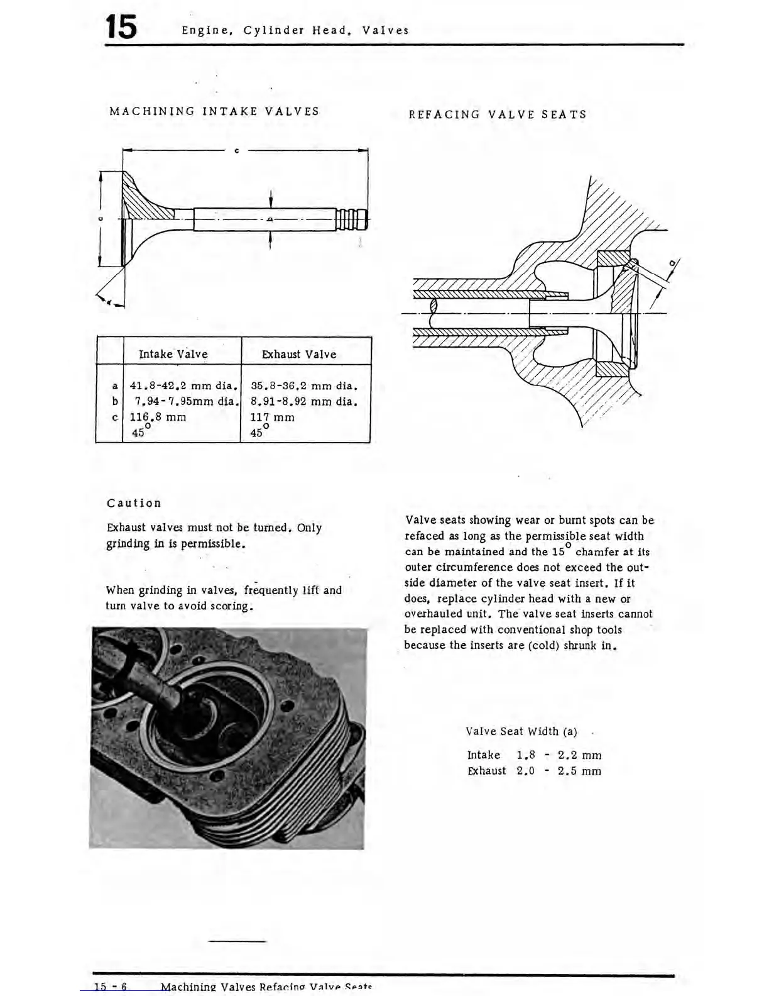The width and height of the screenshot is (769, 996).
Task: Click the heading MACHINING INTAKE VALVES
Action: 214,111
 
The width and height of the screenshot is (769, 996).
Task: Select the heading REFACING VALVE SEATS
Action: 498,114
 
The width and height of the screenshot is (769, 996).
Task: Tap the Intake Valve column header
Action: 173,354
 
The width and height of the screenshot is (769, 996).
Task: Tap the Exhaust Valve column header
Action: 299,354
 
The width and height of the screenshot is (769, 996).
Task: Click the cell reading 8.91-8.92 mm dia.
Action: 304,401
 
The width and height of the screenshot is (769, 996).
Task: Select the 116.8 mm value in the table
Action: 158,417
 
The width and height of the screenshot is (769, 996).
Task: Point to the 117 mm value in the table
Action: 272,417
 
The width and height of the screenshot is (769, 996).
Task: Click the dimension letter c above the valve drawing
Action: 236,151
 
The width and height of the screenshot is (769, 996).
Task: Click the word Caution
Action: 134,503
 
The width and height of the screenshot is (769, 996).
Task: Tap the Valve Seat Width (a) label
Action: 521,731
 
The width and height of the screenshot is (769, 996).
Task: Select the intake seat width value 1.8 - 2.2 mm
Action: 559,755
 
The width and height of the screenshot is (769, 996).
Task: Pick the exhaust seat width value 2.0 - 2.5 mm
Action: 559,771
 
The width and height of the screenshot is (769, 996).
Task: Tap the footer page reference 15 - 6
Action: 111,987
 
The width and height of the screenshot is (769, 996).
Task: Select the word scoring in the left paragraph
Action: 231,606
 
